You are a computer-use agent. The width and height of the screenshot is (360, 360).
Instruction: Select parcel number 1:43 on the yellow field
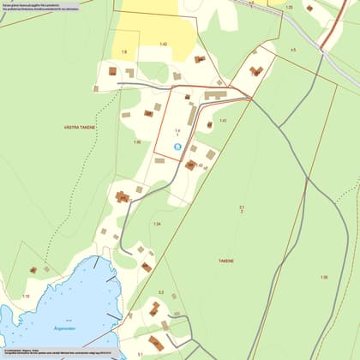point(163,44)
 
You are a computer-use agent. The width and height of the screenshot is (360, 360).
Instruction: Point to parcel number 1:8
point(123,52)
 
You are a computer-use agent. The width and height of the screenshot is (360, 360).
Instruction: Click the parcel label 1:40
point(136,142)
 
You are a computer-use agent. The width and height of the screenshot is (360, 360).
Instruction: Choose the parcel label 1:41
point(222,121)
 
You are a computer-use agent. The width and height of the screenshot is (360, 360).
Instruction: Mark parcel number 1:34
point(157,224)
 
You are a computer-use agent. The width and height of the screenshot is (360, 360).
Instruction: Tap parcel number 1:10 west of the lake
point(26,296)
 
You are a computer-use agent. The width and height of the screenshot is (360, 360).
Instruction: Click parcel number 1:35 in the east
point(323,277)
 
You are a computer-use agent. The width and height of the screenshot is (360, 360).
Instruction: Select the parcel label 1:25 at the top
point(289,7)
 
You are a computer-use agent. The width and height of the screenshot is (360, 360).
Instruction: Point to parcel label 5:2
point(160,292)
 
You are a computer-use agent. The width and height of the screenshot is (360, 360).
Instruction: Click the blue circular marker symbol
point(177,147)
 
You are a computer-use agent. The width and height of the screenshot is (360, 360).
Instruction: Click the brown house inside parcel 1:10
point(33,270)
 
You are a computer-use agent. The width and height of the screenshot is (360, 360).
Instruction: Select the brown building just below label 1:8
point(112,72)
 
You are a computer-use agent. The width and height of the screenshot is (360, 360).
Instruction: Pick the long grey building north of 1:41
point(213,95)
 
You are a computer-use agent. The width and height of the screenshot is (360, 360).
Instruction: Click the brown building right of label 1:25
point(309,8)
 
